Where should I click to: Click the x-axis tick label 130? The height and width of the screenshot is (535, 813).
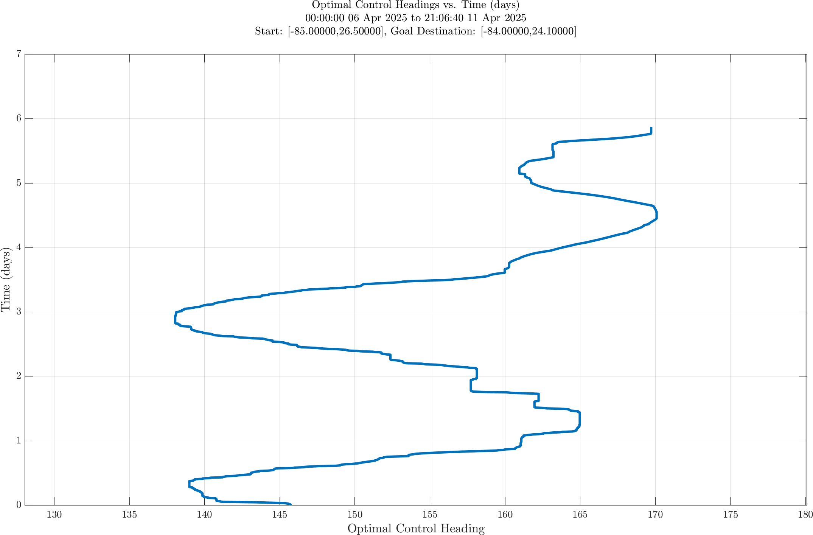54,515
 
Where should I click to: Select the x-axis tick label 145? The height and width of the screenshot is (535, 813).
280,515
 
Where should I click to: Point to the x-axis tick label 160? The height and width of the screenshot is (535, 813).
505,515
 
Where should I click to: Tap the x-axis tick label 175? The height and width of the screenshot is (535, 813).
731,515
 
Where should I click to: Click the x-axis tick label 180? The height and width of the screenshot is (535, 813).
805,515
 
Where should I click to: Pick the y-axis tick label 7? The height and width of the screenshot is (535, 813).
18,54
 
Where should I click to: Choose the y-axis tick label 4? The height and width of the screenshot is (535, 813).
18,247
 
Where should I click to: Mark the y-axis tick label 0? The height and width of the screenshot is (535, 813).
18,505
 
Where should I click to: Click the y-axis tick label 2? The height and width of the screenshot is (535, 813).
18,376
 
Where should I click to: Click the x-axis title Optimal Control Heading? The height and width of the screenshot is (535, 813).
416,529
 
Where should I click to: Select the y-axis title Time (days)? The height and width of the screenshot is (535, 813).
6,280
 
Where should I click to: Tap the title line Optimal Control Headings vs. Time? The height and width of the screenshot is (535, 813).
416,5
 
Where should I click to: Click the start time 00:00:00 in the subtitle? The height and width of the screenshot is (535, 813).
325,18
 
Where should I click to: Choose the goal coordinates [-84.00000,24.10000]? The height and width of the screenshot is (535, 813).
529,31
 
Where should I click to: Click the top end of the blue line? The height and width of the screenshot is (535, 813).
651,128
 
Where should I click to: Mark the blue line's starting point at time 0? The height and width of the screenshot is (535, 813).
290,504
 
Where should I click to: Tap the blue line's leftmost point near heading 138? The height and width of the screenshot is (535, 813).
175,319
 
